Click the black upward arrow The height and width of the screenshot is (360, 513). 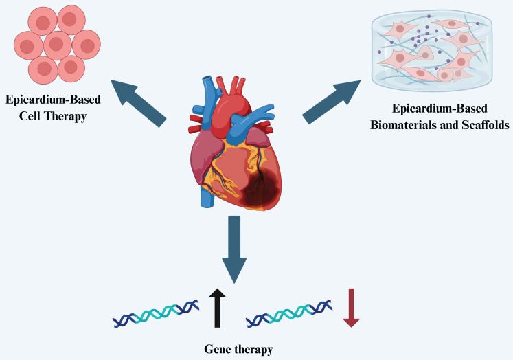[x=217, y=308]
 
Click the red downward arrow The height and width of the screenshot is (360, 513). [x=352, y=308]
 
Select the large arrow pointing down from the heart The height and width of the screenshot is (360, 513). [x=234, y=249]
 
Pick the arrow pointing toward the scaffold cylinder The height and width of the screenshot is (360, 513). [x=332, y=102]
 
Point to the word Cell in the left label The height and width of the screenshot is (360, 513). [x=30, y=116]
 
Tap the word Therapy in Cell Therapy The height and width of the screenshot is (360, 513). [x=65, y=116]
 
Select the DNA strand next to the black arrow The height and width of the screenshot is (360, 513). [x=156, y=313]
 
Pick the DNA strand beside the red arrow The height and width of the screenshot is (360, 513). [x=289, y=313]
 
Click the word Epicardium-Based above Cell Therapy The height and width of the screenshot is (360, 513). [x=53, y=100]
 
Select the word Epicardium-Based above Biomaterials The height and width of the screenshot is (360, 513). [x=440, y=109]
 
